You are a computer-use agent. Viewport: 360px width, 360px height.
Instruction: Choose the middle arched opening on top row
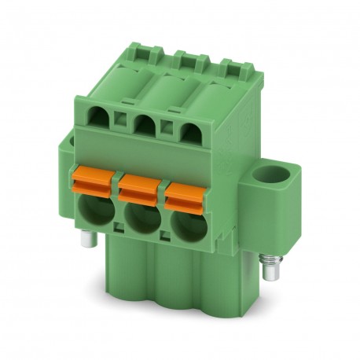point(143,124)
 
